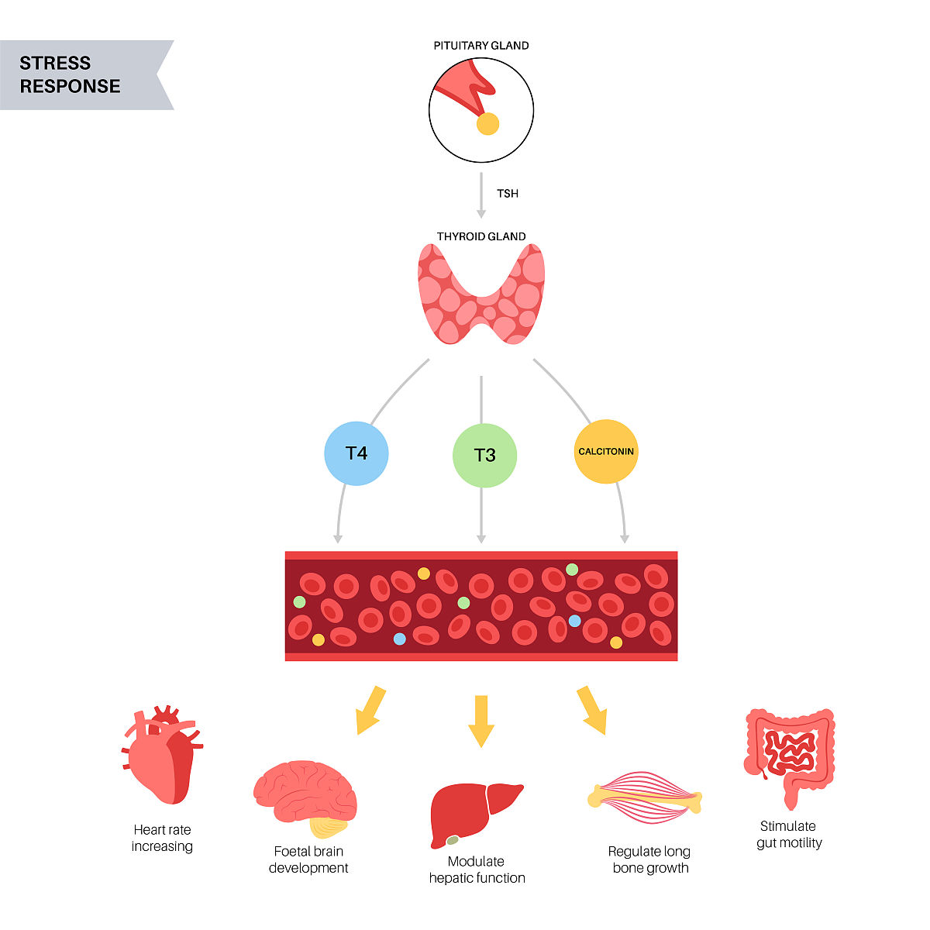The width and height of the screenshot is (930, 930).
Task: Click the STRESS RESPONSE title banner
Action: pyautogui.click(x=77, y=74)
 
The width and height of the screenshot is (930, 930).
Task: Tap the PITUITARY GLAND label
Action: pyautogui.click(x=481, y=46)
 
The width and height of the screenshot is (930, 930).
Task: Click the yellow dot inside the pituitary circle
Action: pyautogui.click(x=487, y=124)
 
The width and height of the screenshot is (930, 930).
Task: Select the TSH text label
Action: pyautogui.click(x=508, y=193)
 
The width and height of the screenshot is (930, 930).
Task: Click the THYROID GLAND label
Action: pyautogui.click(x=481, y=236)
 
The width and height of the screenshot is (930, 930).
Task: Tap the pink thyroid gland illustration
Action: pyautogui.click(x=481, y=294)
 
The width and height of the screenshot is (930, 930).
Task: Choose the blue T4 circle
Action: pyautogui.click(x=356, y=453)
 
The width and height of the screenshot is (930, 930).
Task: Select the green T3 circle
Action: pyautogui.click(x=484, y=455)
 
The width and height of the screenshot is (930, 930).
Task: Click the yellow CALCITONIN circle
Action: pyautogui.click(x=606, y=452)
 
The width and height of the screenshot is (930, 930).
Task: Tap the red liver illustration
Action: pyautogui.click(x=474, y=814)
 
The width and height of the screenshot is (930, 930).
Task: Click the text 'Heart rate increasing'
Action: pyautogui.click(x=162, y=838)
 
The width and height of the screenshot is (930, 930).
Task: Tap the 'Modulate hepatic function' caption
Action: pyautogui.click(x=477, y=870)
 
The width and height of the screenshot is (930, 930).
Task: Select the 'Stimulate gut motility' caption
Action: pyautogui.click(x=789, y=835)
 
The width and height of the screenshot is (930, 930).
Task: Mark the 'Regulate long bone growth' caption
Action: pyautogui.click(x=649, y=859)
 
